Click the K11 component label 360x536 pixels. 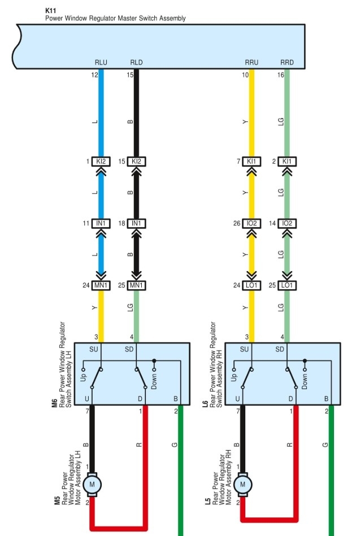coord(50,10)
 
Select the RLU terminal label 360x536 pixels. coord(102,63)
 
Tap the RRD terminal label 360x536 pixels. coord(287,63)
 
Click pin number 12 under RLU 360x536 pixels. coord(94,75)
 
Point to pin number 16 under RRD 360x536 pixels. coord(280,75)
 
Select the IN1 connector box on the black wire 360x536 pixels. coord(136,224)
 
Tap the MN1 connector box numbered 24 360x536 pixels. coord(102,285)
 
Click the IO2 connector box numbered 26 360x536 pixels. coord(252,224)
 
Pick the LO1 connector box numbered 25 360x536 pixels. coord(287,285)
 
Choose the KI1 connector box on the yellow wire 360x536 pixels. coord(252,162)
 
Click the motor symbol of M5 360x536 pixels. coord(91,485)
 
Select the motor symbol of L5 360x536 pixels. coord(243,485)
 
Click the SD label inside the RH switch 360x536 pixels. coord(280,350)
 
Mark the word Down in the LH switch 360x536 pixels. coord(154,380)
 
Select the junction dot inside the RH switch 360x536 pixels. coord(305,360)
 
